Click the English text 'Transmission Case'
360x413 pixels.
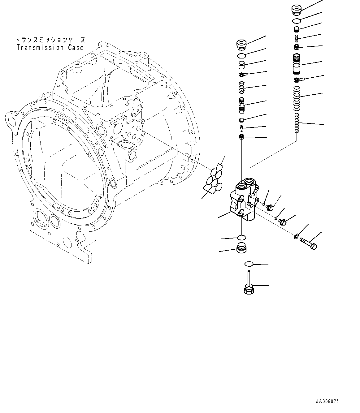click(x=50, y=48)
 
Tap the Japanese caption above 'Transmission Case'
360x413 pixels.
click(x=50, y=40)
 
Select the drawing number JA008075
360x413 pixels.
click(x=327, y=401)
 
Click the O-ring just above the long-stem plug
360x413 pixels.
click(x=249, y=264)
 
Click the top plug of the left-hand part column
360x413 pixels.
click(x=241, y=45)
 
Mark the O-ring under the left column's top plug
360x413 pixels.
click(x=241, y=55)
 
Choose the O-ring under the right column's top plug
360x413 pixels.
click(x=297, y=21)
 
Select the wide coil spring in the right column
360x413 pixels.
click(x=297, y=98)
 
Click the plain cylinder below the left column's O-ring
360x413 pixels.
click(x=241, y=65)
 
